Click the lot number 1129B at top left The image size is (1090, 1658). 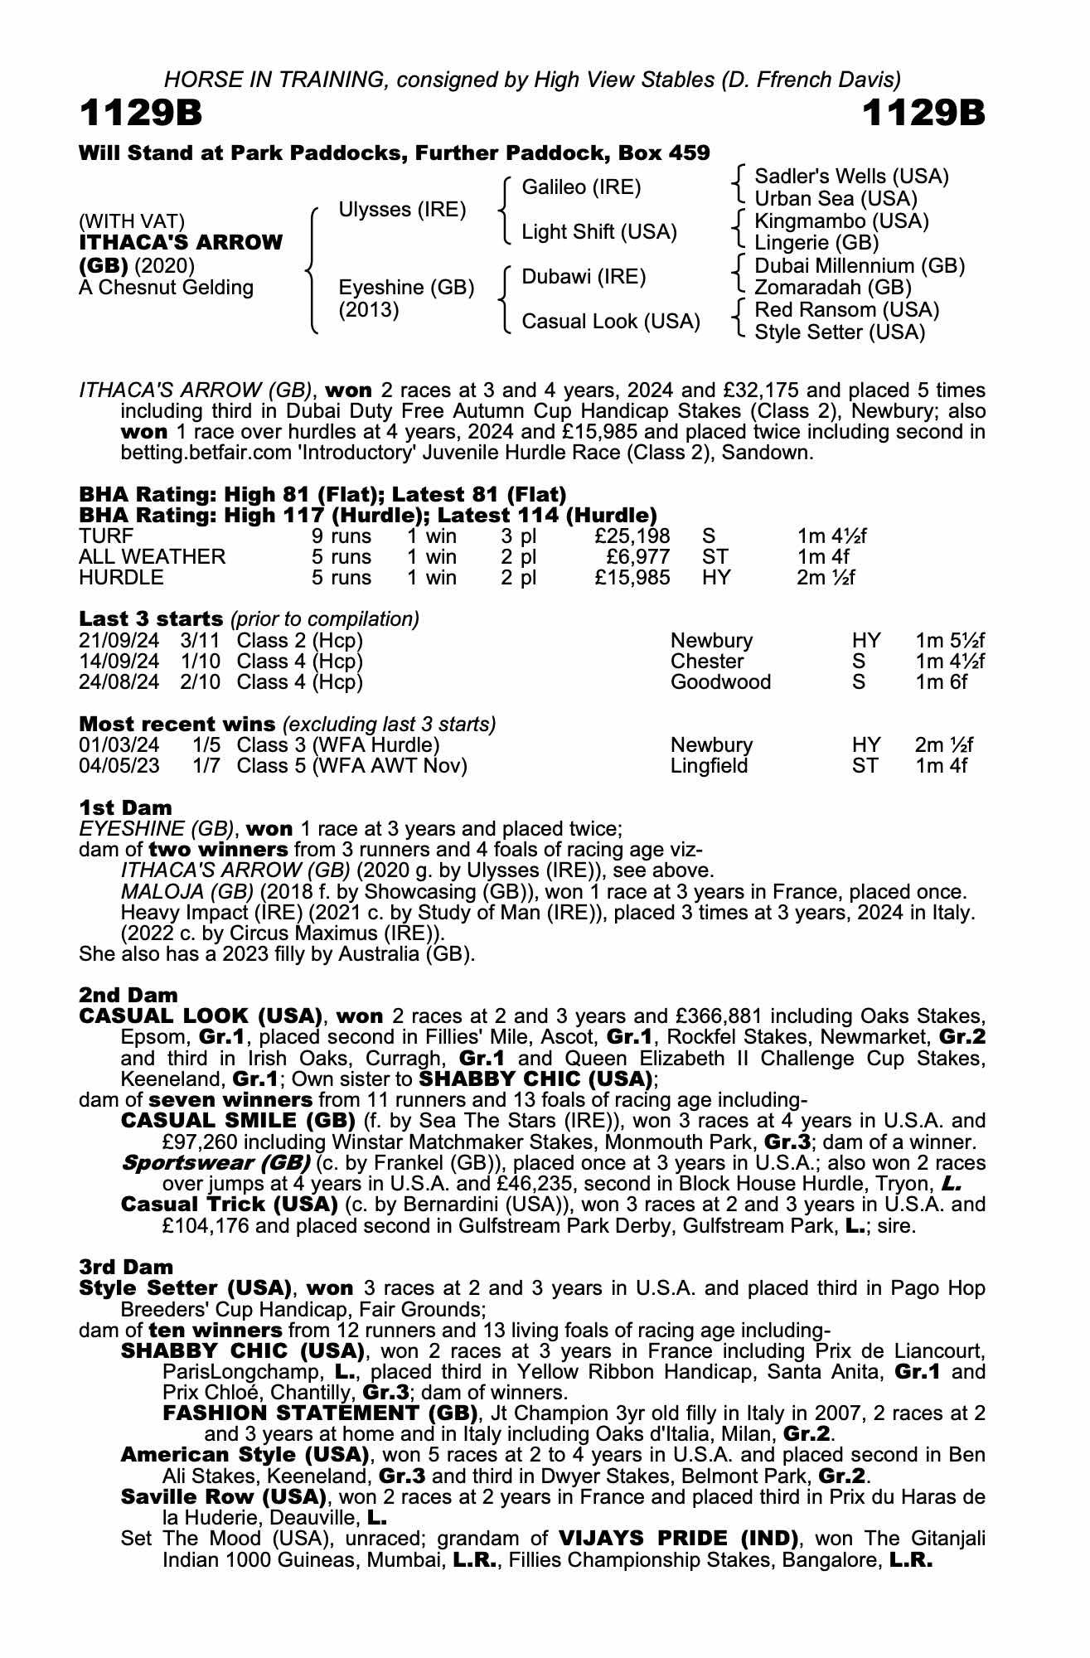coord(141,114)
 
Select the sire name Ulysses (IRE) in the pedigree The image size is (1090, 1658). coord(402,210)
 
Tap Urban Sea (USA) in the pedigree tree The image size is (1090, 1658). coord(836,199)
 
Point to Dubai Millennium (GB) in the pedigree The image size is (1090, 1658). coord(860,266)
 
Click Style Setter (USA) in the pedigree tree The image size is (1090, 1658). coord(839,332)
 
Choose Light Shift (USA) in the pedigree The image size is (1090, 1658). coord(598,232)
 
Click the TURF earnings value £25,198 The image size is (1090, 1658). coord(632,536)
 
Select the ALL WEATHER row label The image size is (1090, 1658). coord(152,557)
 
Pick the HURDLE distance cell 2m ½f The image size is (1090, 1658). coord(826,578)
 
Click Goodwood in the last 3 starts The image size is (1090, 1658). coord(720,682)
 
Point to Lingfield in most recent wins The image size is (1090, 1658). coord(709,766)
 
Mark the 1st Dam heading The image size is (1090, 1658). coord(126,807)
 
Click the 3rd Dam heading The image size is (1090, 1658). coord(126,1267)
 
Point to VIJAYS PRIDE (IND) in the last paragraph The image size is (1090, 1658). coord(678,1539)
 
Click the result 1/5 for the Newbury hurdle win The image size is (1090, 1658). coord(206,745)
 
